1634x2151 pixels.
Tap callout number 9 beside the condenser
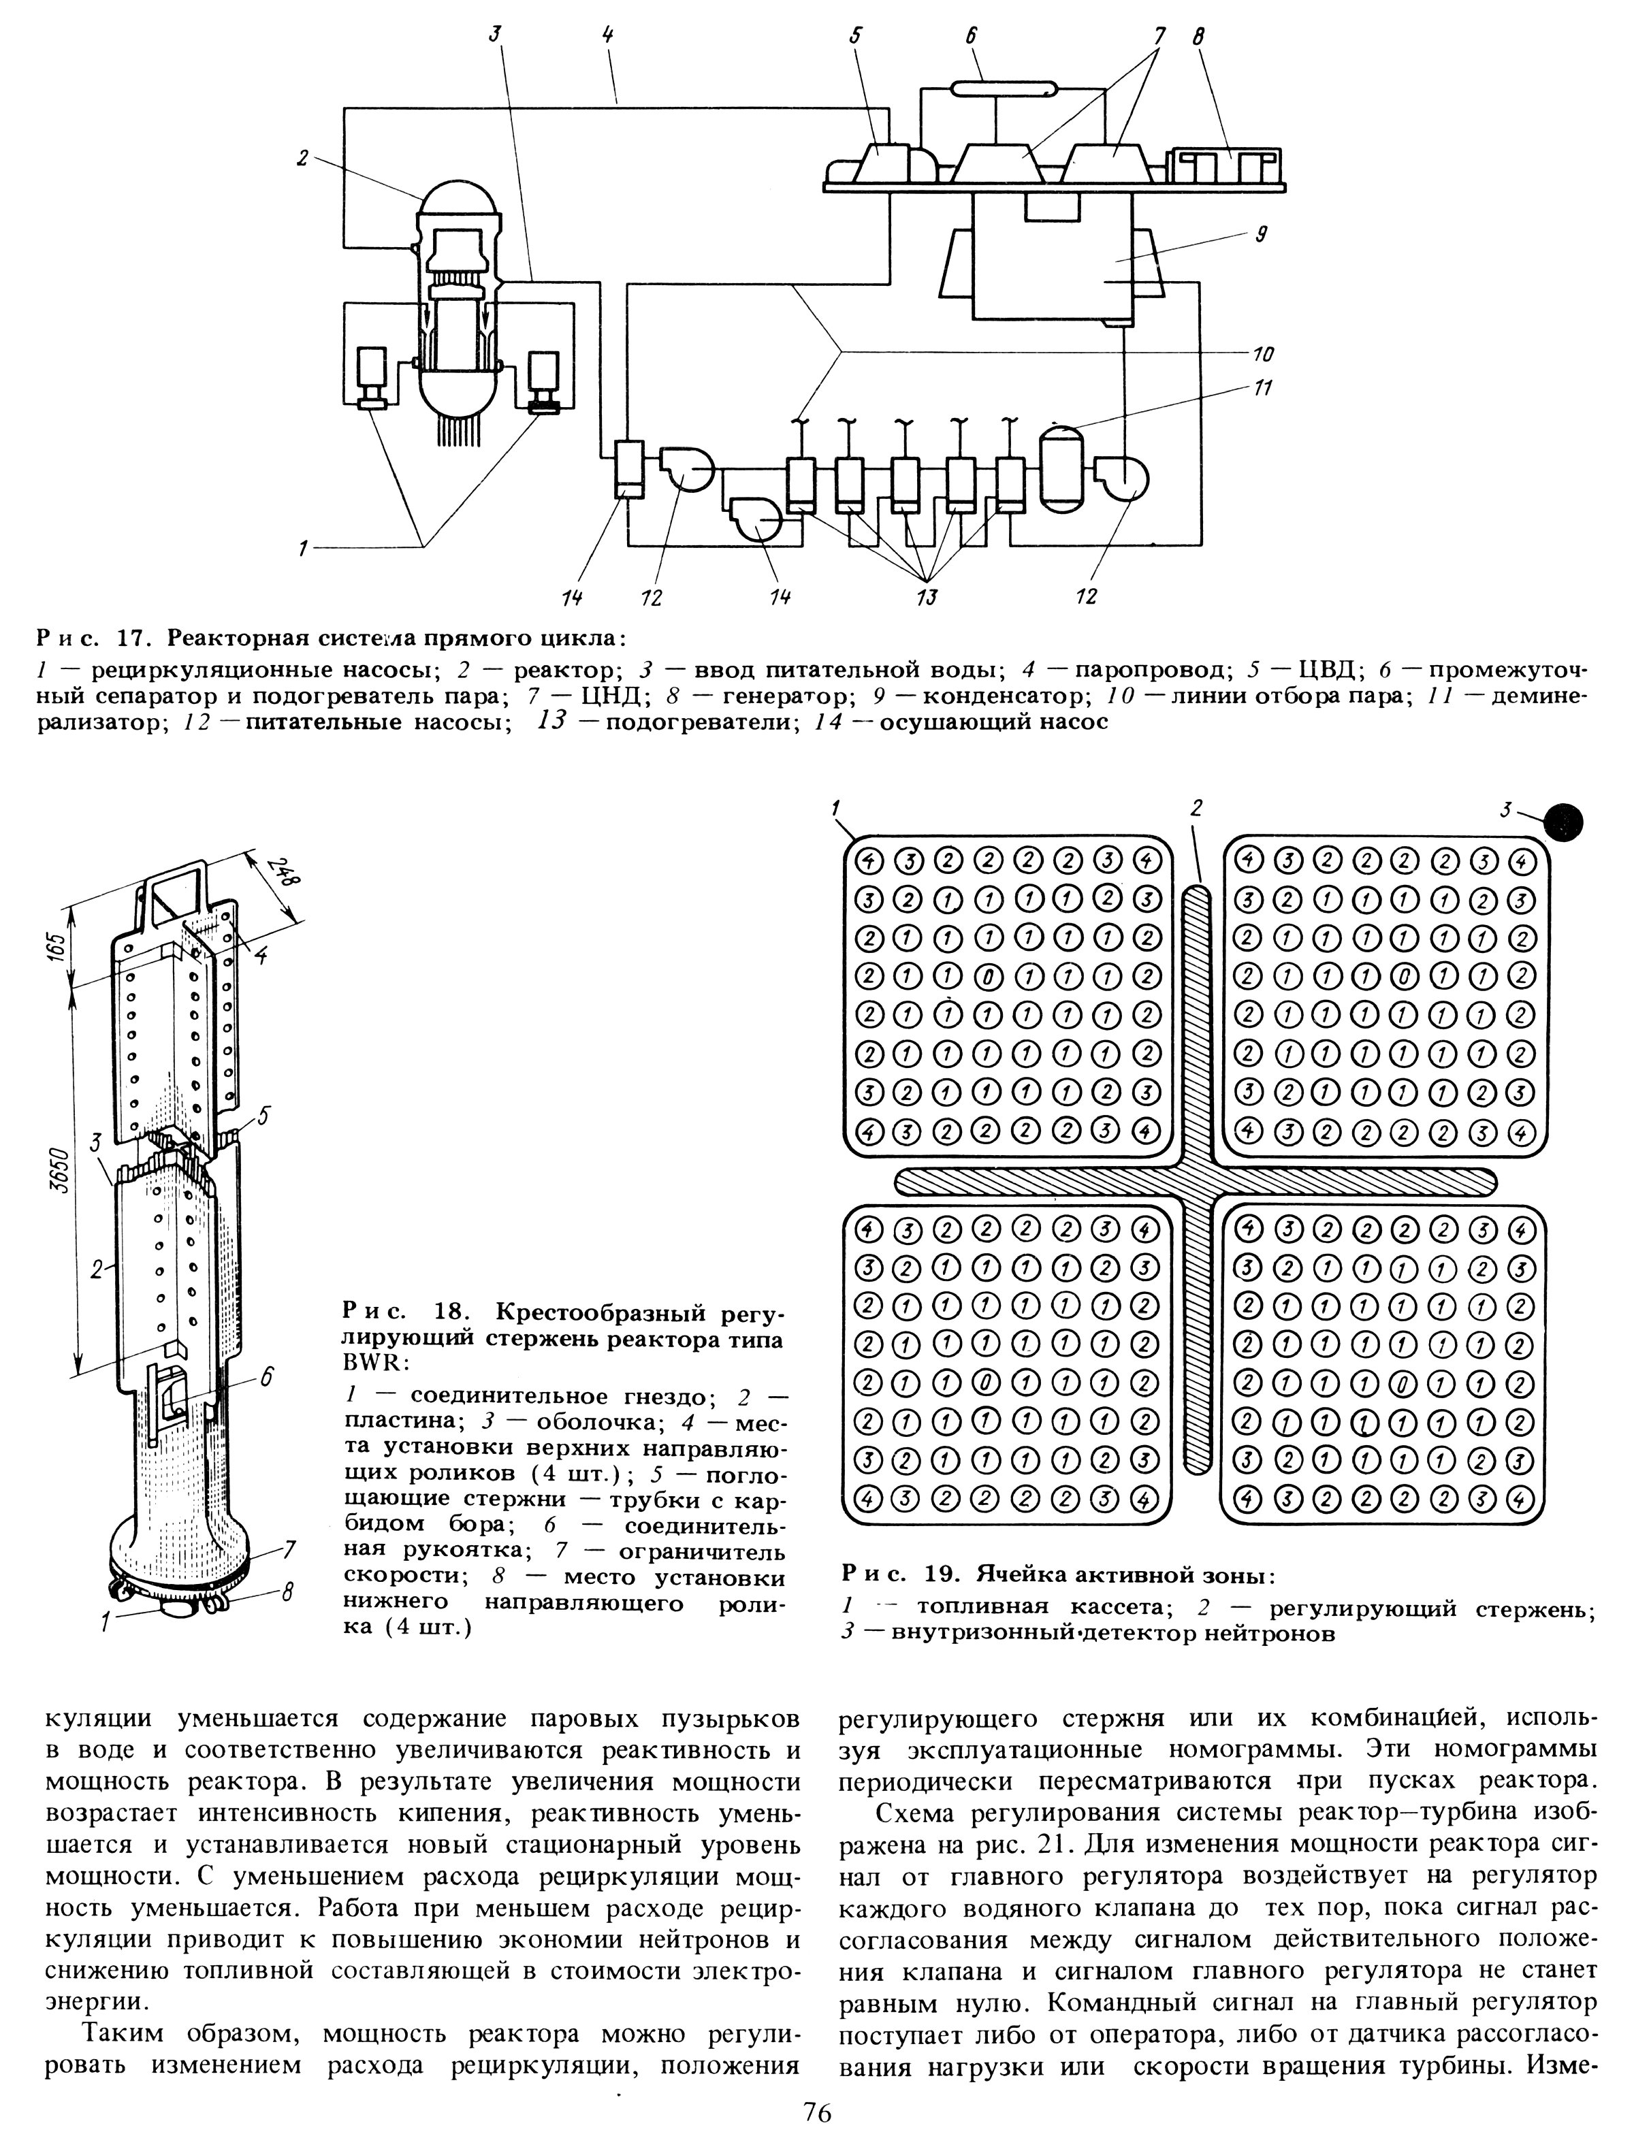[x=1262, y=233]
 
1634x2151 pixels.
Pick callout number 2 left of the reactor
[x=302, y=157]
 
